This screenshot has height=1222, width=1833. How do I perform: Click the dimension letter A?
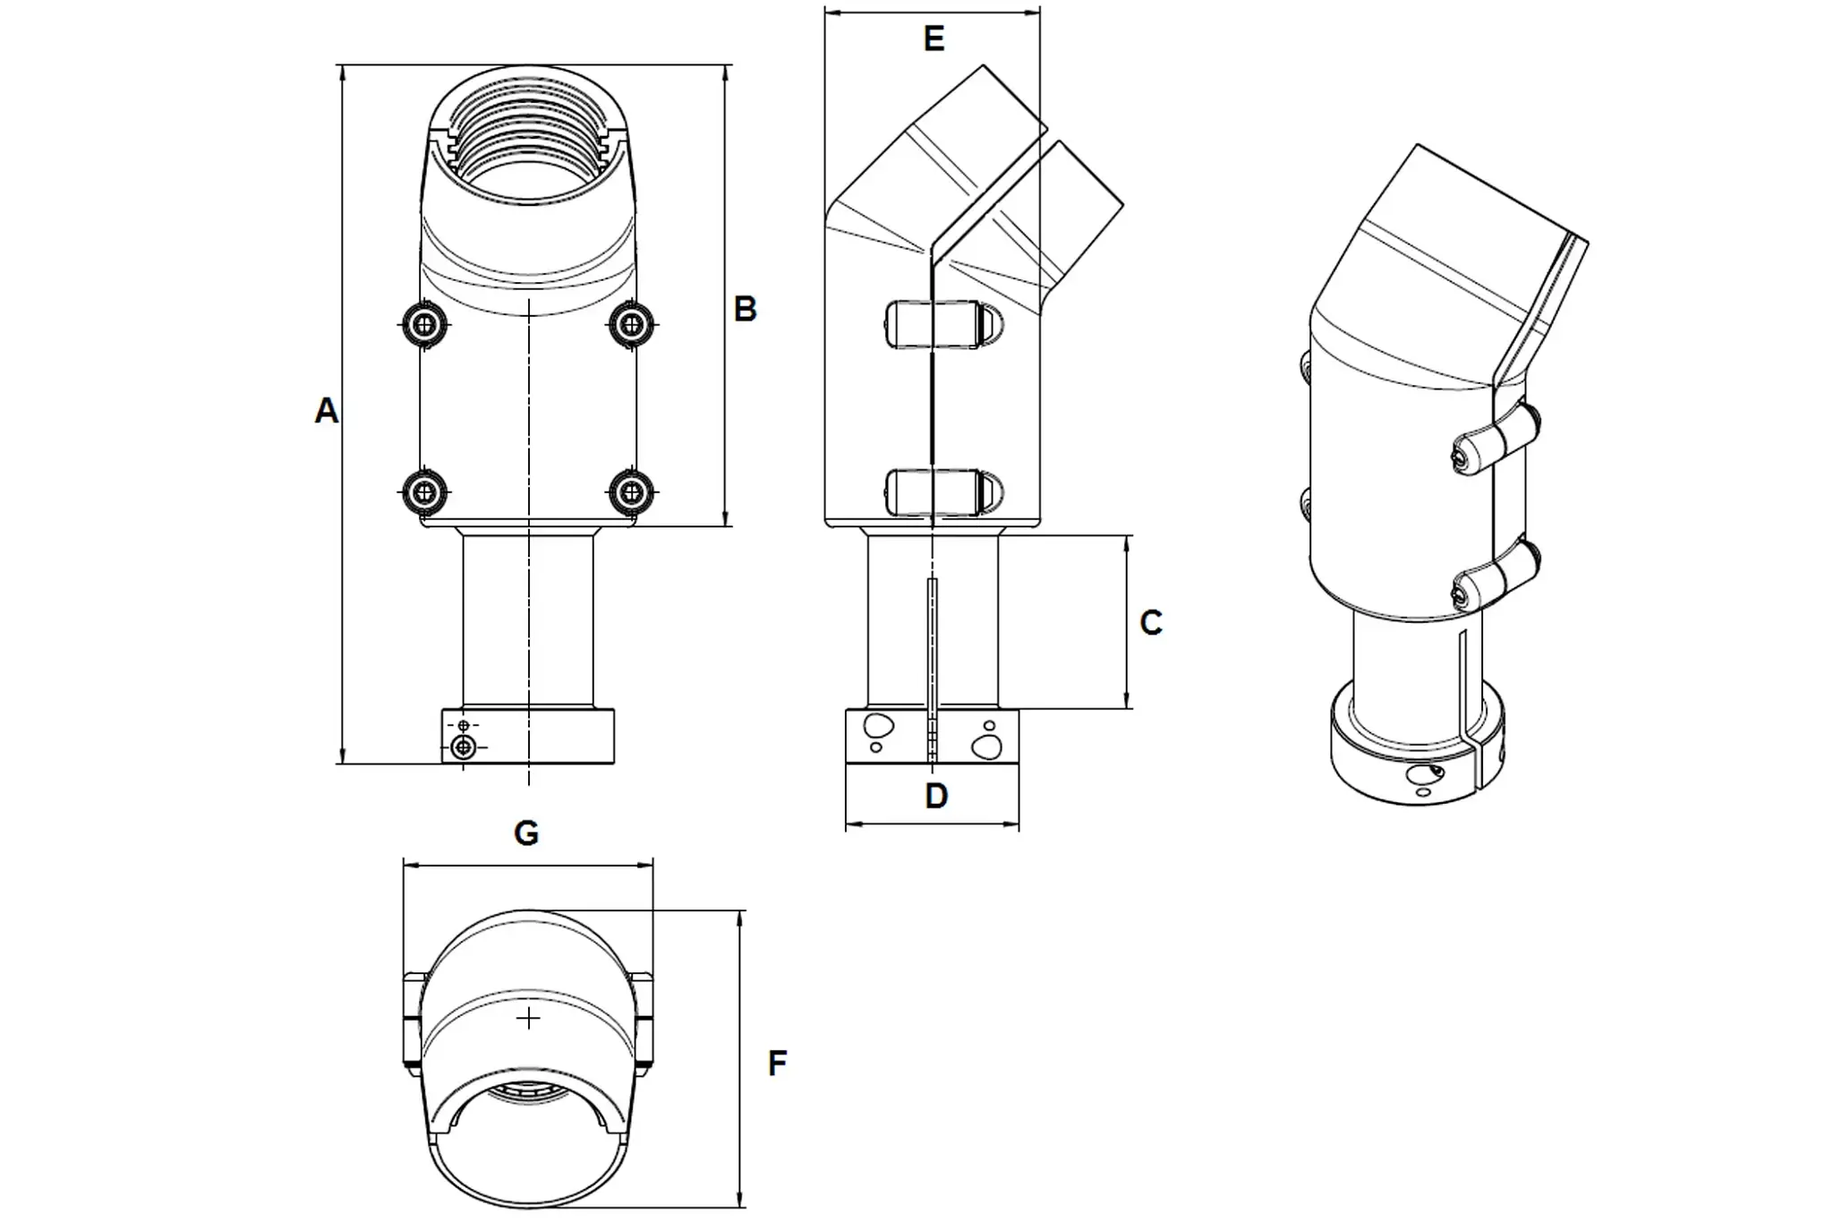(x=327, y=411)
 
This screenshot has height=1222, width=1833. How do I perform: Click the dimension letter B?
(x=745, y=309)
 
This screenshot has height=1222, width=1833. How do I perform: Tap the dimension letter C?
(x=1151, y=623)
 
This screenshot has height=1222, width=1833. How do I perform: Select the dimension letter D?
(x=936, y=796)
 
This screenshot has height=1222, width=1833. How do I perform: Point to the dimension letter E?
(x=934, y=39)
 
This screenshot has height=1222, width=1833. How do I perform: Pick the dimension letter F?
(x=778, y=1064)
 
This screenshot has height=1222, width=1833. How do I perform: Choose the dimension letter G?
(x=526, y=833)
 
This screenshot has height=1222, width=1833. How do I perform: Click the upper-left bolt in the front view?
(x=425, y=323)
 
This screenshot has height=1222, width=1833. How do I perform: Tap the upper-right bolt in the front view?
(x=632, y=323)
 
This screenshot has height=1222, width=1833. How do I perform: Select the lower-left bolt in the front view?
(x=425, y=491)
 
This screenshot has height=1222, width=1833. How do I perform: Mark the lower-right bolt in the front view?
(x=632, y=491)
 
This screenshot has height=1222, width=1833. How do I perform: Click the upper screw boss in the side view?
(x=943, y=322)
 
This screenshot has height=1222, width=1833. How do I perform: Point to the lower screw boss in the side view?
(x=943, y=491)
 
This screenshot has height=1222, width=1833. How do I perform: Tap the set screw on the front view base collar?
(x=463, y=747)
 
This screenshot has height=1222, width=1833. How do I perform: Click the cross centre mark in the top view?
(x=529, y=1019)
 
